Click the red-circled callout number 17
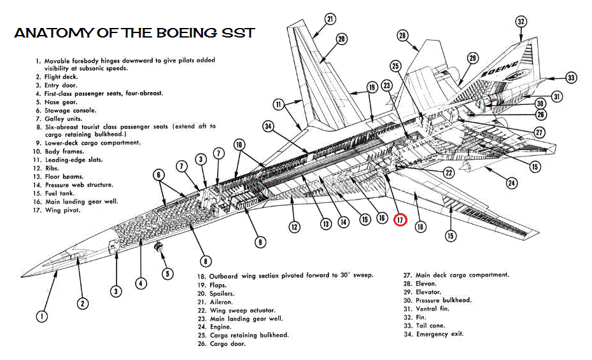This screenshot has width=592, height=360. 400,219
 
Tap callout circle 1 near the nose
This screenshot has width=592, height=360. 42,316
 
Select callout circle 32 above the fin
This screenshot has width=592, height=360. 521,22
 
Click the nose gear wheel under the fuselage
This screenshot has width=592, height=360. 159,247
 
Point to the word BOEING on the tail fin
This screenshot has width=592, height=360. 499,69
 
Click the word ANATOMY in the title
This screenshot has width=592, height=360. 53,33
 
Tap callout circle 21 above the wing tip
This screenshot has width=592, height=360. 330,19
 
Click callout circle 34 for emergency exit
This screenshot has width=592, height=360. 269,126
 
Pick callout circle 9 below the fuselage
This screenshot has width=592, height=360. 260,242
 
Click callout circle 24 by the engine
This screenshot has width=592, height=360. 512,183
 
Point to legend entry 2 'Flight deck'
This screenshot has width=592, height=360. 57,77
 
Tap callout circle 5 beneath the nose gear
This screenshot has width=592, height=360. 167,273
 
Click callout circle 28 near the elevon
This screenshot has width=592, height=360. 402,36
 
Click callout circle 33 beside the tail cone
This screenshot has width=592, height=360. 571,78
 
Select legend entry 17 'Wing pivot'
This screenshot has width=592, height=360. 57,210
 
